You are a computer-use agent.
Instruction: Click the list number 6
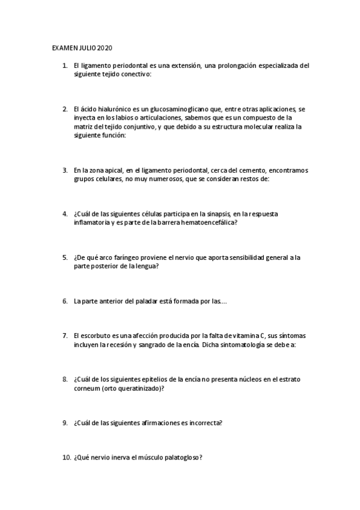coord(65,301)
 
